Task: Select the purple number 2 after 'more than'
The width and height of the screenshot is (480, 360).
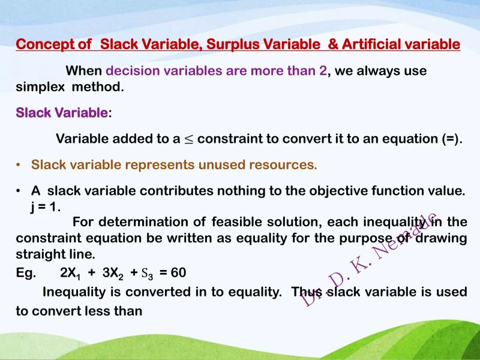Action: (323, 71)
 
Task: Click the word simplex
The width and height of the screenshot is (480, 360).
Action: (41, 86)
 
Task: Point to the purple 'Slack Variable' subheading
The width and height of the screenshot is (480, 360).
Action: (62, 113)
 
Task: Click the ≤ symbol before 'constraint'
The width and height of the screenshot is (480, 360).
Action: (189, 140)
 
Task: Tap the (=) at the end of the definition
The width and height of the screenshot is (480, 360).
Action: (451, 139)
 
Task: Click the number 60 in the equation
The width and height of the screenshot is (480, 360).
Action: (178, 273)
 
